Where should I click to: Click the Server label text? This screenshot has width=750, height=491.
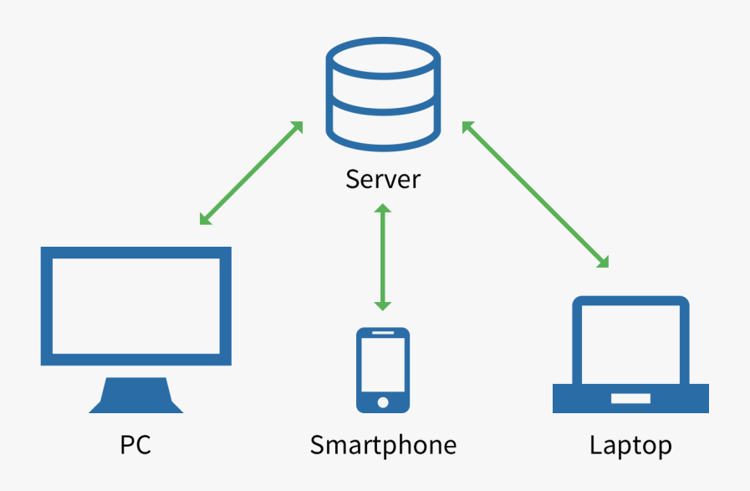point(383,179)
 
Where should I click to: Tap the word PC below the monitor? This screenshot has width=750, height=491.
point(135,444)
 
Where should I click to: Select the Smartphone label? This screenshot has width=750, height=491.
point(383,444)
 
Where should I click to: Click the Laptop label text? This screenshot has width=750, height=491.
point(630,444)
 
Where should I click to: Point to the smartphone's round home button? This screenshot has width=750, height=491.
point(383,402)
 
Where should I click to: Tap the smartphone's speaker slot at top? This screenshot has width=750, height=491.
point(383,334)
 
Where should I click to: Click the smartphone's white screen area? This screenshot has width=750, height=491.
point(383,366)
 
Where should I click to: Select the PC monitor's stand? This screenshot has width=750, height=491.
point(136,395)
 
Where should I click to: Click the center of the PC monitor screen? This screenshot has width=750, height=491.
point(136,305)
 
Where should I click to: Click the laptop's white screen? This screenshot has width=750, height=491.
point(630,340)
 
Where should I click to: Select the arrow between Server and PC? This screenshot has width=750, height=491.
point(251,173)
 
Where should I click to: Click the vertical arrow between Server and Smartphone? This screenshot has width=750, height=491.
point(383,257)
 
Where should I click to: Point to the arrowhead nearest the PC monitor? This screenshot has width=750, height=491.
point(206,219)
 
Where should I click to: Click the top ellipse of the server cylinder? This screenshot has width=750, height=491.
point(383,59)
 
